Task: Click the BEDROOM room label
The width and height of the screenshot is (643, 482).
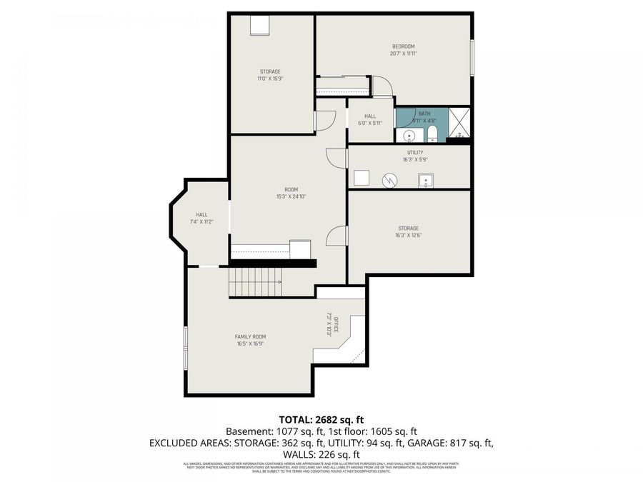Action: (x=403, y=47)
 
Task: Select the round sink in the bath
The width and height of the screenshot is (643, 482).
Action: (x=409, y=136)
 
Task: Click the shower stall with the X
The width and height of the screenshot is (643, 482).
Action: (x=459, y=123)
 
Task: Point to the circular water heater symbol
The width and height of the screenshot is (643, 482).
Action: (x=390, y=179)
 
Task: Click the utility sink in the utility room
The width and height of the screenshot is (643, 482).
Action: (x=427, y=179)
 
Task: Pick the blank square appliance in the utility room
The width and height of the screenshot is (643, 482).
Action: (x=362, y=179)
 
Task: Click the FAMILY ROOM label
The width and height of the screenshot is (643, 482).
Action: (x=251, y=336)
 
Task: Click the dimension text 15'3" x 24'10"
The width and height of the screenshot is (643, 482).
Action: (x=286, y=197)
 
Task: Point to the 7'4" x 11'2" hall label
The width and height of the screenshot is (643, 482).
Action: (x=202, y=222)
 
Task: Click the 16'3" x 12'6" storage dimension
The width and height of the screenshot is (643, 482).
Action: (x=408, y=236)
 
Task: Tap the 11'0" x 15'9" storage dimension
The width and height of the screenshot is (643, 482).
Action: (x=270, y=79)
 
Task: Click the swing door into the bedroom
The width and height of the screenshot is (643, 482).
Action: (x=384, y=86)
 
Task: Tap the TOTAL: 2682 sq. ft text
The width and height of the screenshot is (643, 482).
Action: (x=321, y=419)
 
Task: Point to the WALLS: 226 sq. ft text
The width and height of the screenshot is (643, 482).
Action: (x=321, y=454)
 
